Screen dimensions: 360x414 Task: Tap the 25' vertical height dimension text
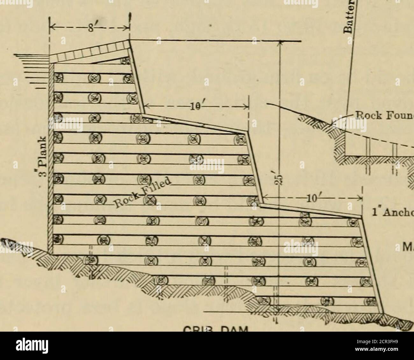[x=278, y=181]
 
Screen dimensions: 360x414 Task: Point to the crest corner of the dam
[x=130, y=40]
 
